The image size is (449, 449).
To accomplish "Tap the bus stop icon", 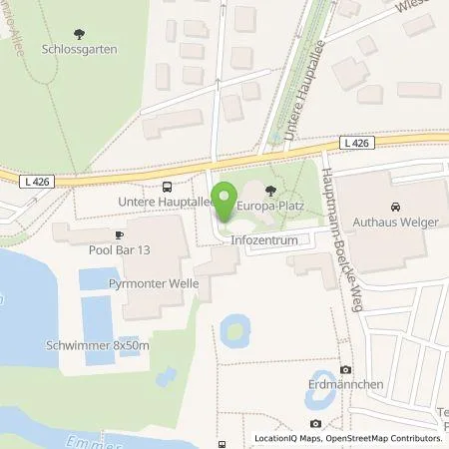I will (167, 187).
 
